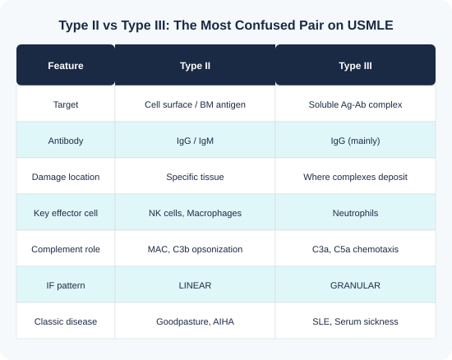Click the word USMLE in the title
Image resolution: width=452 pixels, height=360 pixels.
pos(370,25)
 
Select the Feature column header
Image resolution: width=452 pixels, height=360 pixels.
pos(66,66)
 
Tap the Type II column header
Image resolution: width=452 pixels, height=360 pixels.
pos(195,66)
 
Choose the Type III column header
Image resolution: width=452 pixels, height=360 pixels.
pos(355,66)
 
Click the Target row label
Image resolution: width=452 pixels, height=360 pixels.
pos(66,104)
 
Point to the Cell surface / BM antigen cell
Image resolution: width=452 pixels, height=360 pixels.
pos(195,104)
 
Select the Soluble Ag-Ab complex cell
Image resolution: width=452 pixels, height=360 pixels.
pos(355,104)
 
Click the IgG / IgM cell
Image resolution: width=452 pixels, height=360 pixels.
pos(195,141)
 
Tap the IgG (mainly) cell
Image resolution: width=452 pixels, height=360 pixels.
pos(355,141)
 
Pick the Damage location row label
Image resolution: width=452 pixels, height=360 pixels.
pos(66,177)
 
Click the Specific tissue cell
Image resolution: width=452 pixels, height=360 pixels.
pos(195,177)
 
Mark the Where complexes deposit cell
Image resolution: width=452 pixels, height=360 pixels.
pos(355,177)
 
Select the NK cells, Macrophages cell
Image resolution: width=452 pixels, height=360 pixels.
pos(195,213)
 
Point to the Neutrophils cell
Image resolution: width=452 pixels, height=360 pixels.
pos(355,213)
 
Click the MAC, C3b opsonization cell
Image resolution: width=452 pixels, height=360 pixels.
pos(195,249)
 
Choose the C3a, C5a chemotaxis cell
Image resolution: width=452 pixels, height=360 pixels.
pos(355,249)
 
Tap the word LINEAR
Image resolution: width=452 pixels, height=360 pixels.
pos(195,285)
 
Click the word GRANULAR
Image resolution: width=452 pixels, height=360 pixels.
pos(355,285)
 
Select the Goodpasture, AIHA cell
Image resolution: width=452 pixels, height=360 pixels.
pos(195,321)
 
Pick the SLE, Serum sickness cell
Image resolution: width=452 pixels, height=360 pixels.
pos(355,321)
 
